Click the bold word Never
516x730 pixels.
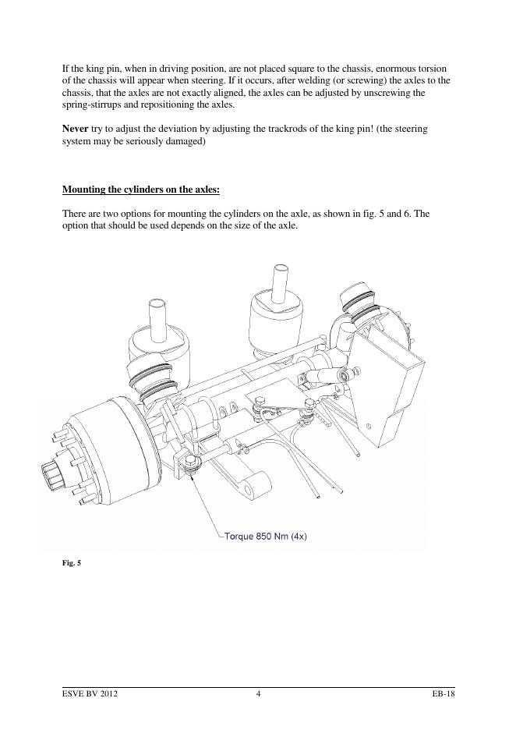click(75, 129)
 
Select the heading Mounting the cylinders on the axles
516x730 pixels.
click(141, 190)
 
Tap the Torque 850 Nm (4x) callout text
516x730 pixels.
click(265, 536)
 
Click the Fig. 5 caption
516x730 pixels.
click(72, 563)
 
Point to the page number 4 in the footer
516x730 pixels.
click(258, 693)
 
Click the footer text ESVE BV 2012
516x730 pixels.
click(90, 693)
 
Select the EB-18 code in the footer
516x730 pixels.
click(443, 693)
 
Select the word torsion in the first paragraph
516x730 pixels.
click(433, 69)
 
